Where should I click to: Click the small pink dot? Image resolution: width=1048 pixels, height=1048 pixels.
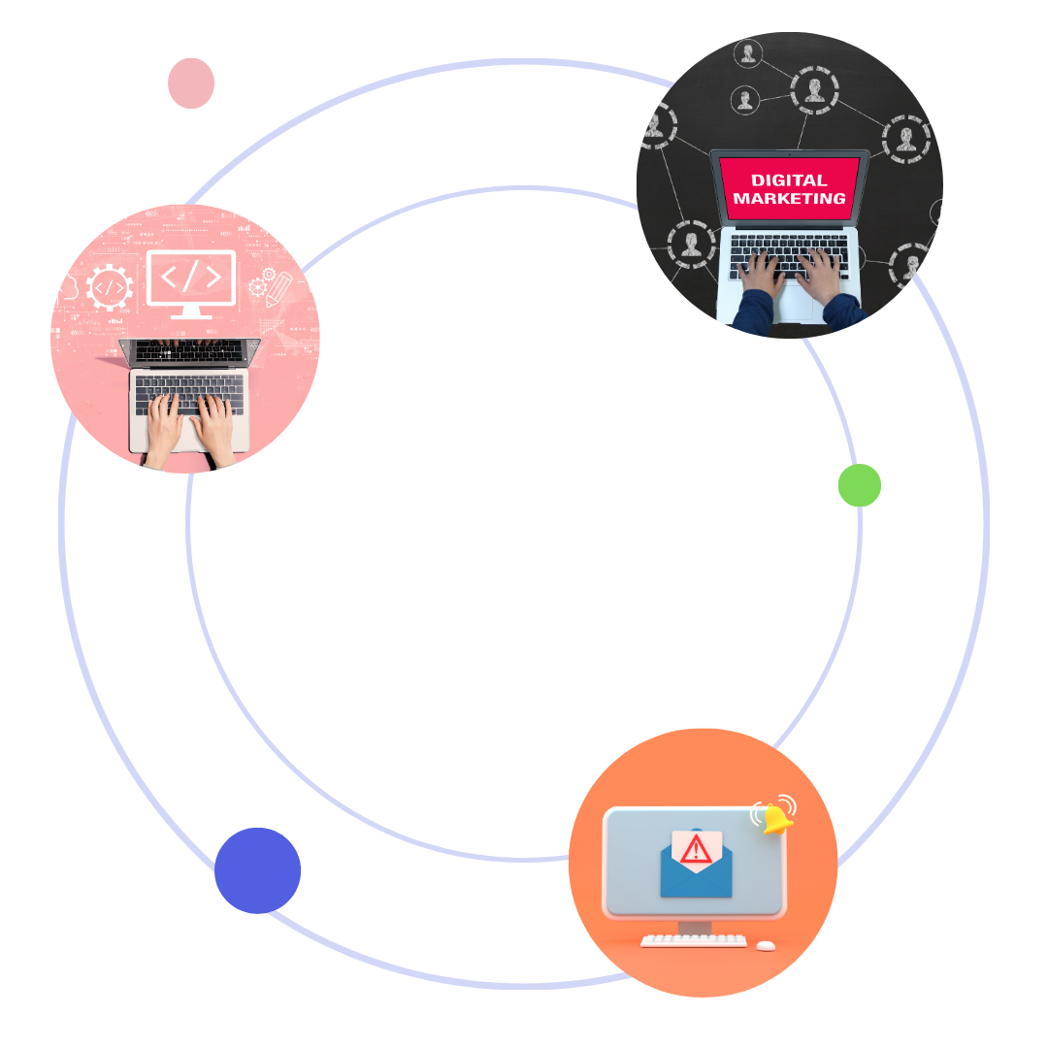point(191,83)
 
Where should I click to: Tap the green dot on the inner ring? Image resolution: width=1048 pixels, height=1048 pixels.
point(860,485)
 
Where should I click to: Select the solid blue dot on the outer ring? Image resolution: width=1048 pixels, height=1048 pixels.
point(257,870)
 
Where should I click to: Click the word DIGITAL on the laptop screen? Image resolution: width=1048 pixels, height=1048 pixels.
point(789,180)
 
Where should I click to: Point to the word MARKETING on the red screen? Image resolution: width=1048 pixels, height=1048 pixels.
point(789,198)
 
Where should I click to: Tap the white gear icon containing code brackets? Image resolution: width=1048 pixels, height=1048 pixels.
point(110,287)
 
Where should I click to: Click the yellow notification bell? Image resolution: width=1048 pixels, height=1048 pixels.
point(777,818)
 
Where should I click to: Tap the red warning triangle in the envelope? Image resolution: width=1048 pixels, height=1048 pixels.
point(696,849)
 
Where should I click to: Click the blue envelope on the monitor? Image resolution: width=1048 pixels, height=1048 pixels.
point(696,873)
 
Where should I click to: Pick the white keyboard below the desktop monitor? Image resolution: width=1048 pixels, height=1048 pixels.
point(694,940)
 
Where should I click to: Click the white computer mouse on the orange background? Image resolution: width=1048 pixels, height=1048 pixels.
point(767,945)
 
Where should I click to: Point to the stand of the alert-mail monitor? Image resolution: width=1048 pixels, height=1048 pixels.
point(695,926)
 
